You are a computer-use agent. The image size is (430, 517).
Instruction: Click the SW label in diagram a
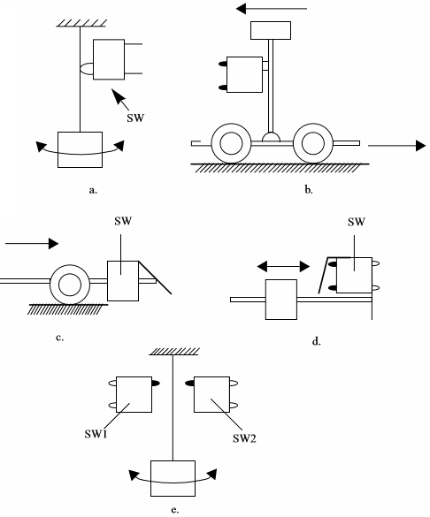tap(135, 118)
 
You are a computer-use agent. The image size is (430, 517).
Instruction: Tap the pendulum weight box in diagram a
tap(80, 149)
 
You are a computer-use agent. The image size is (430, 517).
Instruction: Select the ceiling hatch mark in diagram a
tap(81, 23)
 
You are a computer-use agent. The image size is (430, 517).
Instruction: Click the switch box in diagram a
tap(109, 59)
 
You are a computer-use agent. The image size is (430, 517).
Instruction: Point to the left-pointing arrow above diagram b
tap(272, 9)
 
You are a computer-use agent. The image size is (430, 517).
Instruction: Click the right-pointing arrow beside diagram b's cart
tap(396, 146)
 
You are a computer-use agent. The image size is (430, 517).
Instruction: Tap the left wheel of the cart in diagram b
tap(231, 143)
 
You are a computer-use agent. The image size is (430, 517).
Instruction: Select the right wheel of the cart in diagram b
tap(313, 143)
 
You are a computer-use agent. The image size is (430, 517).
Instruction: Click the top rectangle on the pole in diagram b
tap(271, 30)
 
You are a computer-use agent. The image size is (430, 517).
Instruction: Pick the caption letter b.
tap(309, 190)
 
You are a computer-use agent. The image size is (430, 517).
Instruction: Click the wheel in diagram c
tap(70, 285)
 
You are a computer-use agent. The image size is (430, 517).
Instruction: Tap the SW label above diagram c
tap(123, 221)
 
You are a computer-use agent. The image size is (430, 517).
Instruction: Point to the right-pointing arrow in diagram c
tap(32, 244)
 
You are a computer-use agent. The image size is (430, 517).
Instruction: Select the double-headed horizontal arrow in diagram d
tap(283, 266)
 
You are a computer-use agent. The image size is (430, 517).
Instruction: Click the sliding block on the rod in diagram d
tap(281, 300)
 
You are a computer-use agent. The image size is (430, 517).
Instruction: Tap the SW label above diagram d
tap(357, 222)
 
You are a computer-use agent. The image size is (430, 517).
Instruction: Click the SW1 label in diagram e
tap(96, 434)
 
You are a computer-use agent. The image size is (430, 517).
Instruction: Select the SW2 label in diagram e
tap(244, 438)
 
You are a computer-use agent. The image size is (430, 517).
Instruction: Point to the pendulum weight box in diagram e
tap(173, 478)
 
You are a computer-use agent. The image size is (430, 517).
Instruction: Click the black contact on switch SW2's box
tap(189, 384)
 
